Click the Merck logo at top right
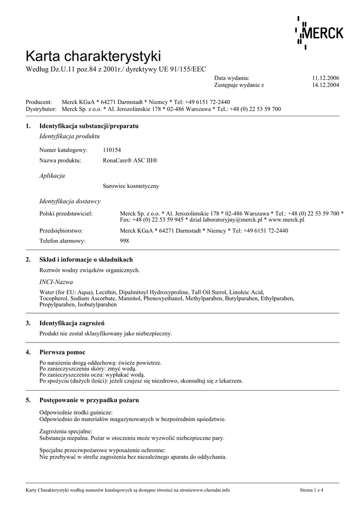[319, 33]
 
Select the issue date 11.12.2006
[326, 78]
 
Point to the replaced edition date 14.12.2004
[326, 85]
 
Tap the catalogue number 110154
[112, 150]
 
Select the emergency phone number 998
[125, 241]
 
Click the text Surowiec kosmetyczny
[131, 186]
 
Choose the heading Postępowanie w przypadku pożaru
[89, 400]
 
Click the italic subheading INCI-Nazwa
[56, 282]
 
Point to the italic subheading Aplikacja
[52, 175]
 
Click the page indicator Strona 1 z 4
[311, 490]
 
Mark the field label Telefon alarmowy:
[62, 241]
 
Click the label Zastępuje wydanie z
[239, 85]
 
